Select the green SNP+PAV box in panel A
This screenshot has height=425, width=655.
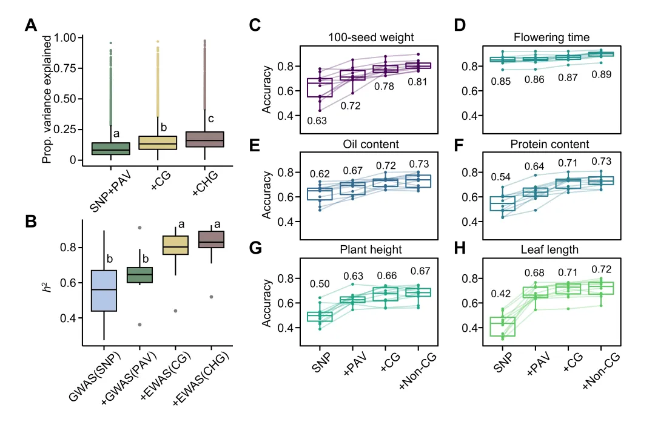click(x=111, y=148)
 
